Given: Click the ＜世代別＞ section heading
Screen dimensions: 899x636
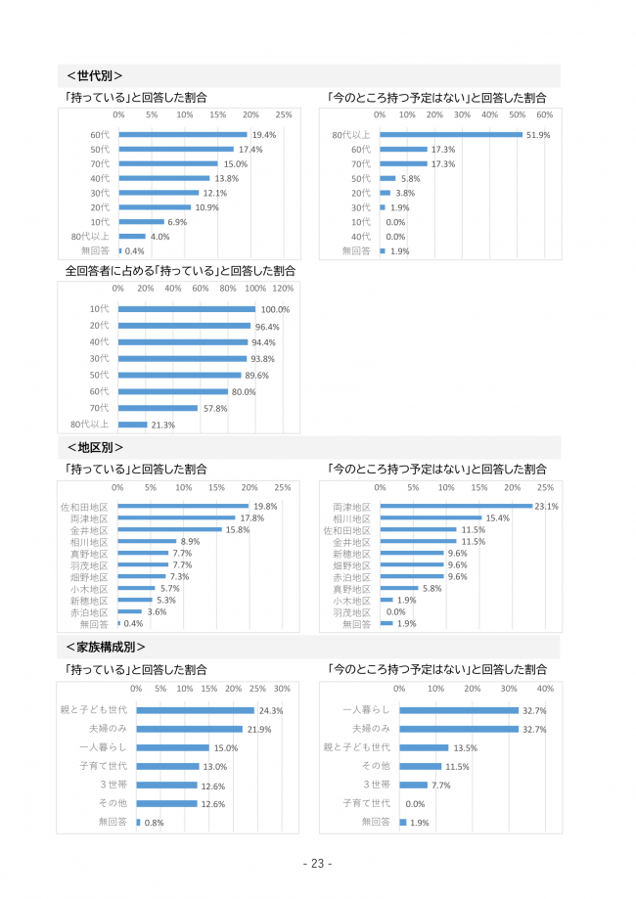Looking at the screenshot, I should [94, 75].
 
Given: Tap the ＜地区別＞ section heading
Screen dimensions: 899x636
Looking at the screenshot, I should [94, 447].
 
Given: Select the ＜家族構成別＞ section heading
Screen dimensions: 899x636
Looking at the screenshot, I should [106, 647].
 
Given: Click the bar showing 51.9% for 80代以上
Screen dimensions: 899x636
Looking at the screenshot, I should [451, 134].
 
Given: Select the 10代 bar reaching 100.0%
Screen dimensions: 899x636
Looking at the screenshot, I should [187, 309].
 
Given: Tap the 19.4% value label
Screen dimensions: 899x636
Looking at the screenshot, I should [264, 135].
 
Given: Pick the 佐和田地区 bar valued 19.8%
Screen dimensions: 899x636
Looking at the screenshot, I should [184, 506].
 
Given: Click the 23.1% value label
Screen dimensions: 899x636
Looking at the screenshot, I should [546, 506].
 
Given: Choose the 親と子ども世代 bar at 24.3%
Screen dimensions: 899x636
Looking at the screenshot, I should [195, 710].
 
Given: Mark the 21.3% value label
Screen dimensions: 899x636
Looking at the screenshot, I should [163, 425].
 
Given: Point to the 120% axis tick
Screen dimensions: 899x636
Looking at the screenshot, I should [283, 289].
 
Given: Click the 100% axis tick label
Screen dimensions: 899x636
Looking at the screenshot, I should [255, 289].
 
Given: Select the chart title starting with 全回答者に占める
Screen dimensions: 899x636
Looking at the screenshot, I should [180, 270].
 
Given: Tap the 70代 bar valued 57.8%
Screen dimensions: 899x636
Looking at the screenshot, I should [159, 408].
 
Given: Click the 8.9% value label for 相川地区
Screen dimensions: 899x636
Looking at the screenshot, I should [191, 541].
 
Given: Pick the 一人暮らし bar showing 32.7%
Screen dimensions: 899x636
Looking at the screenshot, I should [459, 710].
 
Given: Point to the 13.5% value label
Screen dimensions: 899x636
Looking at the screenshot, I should [465, 747].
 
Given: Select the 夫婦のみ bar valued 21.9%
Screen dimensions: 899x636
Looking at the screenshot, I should [189, 729].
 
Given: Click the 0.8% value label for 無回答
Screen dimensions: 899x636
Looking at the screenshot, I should [155, 823].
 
